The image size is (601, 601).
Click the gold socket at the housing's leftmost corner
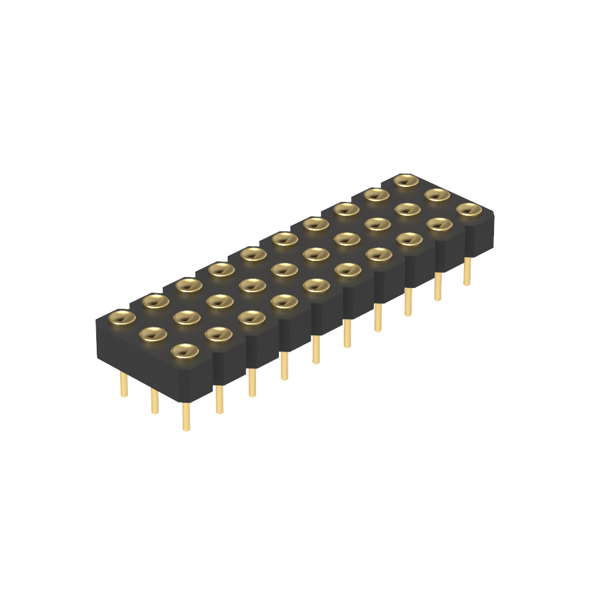tap(122, 317)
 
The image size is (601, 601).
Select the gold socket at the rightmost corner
tap(469, 210)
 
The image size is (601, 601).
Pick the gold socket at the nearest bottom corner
tap(185, 351)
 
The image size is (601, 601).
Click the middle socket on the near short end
tap(153, 334)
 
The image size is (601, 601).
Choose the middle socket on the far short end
tap(438, 195)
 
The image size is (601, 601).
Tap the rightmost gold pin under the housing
tap(467, 271)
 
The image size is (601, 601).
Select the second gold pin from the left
tap(155, 401)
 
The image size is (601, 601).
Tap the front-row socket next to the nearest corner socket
tap(218, 334)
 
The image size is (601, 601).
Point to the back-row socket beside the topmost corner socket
tap(376, 195)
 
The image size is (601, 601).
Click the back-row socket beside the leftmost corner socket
tap(156, 301)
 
